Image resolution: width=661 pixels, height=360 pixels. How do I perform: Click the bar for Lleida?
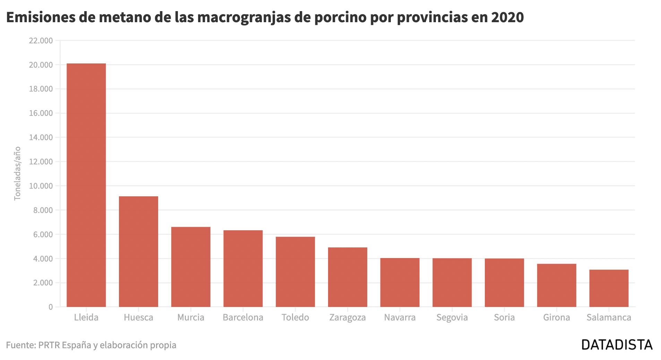click(86, 185)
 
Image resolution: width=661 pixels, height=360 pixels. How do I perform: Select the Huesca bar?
click(138, 251)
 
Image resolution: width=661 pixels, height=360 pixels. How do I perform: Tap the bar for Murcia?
click(191, 267)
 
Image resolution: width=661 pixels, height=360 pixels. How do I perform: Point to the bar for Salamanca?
click(609, 288)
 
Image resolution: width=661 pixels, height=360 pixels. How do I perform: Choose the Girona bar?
click(556, 285)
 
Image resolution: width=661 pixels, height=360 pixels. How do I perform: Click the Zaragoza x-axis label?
click(347, 317)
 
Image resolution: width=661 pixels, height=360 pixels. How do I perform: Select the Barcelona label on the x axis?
click(243, 317)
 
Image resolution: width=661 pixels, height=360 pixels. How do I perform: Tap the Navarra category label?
click(400, 317)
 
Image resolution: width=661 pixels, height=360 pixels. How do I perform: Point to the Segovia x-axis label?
click(452, 317)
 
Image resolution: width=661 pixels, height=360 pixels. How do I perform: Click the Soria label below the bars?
click(504, 317)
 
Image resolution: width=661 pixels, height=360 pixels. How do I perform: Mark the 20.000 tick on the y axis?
click(41, 65)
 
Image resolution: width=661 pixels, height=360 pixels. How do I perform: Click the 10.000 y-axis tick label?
click(41, 186)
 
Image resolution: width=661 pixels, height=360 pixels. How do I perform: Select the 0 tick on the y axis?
click(51, 307)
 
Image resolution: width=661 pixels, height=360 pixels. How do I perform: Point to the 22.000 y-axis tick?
click(41, 41)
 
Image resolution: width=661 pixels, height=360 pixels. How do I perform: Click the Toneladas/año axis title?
click(17, 173)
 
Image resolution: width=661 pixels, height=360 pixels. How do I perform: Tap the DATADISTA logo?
click(617, 345)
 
